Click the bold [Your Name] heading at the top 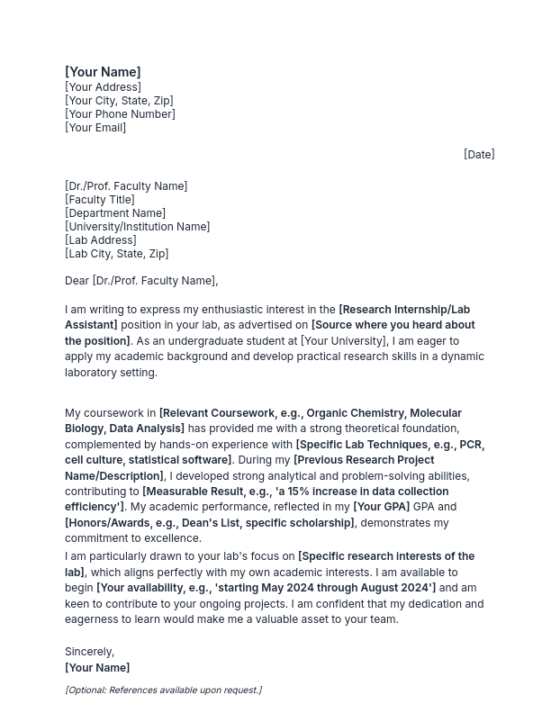tap(103, 72)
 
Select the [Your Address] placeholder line tap(103, 87)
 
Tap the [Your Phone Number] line tap(120, 114)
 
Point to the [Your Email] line tap(95, 128)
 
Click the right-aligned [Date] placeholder tap(479, 155)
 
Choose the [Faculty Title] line tap(100, 200)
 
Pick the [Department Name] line tap(115, 213)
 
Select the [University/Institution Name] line tap(137, 227)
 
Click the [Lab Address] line tap(101, 240)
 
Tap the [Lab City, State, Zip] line tap(116, 254)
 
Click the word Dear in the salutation tap(77, 281)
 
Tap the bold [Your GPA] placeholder tap(381, 508)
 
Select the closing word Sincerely tap(89, 652)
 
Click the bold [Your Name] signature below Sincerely tap(97, 668)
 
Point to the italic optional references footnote tap(163, 690)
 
